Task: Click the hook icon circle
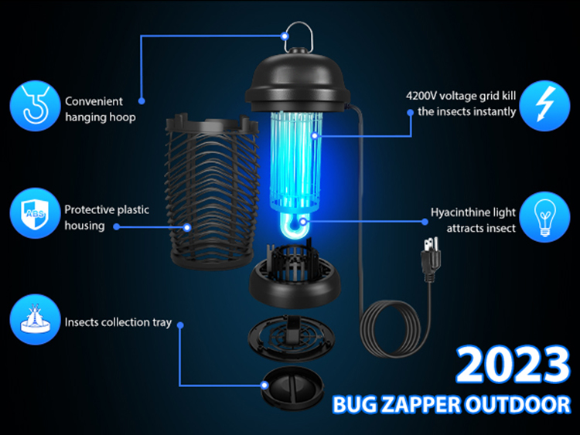pos(35,106)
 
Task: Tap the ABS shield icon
pos(35,213)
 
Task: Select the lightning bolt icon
pos(544,106)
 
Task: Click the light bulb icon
pos(544,217)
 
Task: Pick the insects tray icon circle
pos(35,319)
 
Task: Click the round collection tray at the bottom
pos(292,388)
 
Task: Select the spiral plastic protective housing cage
pos(212,192)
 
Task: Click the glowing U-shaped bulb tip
pos(293,226)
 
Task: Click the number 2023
pos(513,365)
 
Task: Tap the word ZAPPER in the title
pos(421,404)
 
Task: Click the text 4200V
pos(421,96)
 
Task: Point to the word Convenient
pos(94,101)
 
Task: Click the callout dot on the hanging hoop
pos(285,36)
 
